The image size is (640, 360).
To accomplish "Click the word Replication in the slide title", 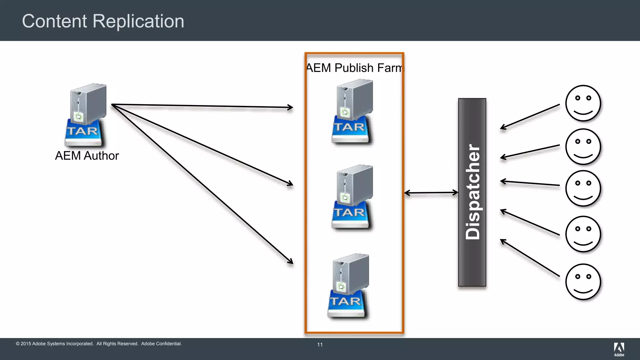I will point(138,21).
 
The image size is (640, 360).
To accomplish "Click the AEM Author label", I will point(87,156).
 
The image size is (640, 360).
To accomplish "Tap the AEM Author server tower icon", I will point(88,103).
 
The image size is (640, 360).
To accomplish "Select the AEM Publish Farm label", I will point(354,68).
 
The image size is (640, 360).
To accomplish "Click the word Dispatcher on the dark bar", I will point(472,192).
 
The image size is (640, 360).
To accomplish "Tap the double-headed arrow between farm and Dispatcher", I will point(431,193).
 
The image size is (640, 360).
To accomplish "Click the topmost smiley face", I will point(583,103).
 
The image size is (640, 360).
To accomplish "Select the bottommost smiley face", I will point(583,282).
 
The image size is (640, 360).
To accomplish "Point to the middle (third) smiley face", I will point(583,188).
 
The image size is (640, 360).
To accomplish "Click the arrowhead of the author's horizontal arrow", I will point(291,107).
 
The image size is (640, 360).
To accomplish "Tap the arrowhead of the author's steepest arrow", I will point(291,261).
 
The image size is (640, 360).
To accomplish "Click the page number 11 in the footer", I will point(320,345).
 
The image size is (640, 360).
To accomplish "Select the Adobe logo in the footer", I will point(619,349).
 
